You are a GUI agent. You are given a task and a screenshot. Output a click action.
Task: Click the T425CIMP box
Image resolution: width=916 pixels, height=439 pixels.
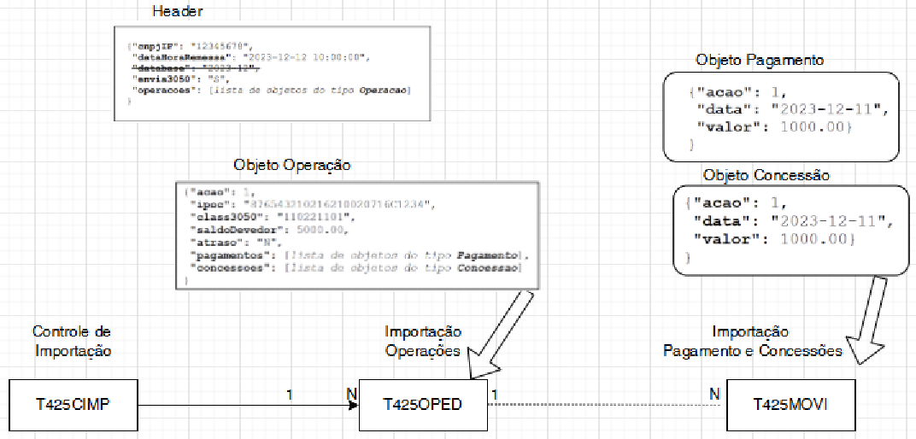click(x=73, y=405)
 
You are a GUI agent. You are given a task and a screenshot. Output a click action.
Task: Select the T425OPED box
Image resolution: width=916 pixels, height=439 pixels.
click(x=422, y=405)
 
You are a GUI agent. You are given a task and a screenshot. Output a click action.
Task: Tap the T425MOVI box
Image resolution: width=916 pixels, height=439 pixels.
click(x=790, y=405)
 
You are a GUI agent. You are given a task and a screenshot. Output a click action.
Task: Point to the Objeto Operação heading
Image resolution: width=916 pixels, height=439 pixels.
click(x=292, y=165)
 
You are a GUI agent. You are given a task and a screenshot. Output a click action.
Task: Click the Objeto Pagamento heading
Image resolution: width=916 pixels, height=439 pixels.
click(x=760, y=61)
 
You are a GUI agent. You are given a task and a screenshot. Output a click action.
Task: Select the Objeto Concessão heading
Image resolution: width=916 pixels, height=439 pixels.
click(x=766, y=176)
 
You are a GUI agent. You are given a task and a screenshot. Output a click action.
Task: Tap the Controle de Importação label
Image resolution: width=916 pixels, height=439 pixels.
click(x=72, y=341)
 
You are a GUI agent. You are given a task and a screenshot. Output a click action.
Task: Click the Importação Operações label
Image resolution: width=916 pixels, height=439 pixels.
click(x=423, y=341)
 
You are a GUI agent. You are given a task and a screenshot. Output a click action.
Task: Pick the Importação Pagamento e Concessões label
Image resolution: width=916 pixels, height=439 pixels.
click(x=753, y=341)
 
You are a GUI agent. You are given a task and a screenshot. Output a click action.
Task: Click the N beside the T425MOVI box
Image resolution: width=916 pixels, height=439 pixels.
click(x=714, y=393)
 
